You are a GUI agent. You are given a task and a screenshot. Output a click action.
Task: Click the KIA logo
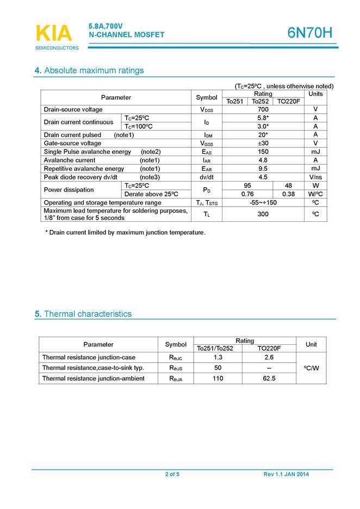(53, 34)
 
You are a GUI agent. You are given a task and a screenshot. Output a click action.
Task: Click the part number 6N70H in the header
(309, 33)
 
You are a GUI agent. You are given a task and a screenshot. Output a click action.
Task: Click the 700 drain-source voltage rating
(263, 110)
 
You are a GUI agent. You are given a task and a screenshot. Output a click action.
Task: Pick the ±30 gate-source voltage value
(263, 144)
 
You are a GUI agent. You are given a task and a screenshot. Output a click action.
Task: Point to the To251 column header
(235, 102)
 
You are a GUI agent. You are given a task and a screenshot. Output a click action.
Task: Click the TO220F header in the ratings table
(289, 102)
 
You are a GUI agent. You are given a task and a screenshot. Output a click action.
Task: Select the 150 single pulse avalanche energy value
(263, 152)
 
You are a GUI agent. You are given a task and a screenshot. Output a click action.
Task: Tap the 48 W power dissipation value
(288, 185)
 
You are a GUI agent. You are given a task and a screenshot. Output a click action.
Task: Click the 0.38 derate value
(288, 194)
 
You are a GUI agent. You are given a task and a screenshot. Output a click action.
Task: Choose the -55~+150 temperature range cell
(263, 203)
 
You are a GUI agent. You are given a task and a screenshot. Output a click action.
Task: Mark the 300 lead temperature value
(263, 214)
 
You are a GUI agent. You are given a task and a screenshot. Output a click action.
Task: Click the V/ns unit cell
(315, 177)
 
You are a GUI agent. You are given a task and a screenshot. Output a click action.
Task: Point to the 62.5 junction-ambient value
(269, 378)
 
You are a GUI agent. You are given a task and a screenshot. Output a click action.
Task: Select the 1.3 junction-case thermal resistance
(218, 357)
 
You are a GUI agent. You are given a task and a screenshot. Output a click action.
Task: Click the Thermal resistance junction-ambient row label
(93, 378)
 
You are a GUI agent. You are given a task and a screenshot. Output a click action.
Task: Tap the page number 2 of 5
(172, 475)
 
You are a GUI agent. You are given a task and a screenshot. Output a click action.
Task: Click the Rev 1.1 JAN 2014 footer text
(286, 475)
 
